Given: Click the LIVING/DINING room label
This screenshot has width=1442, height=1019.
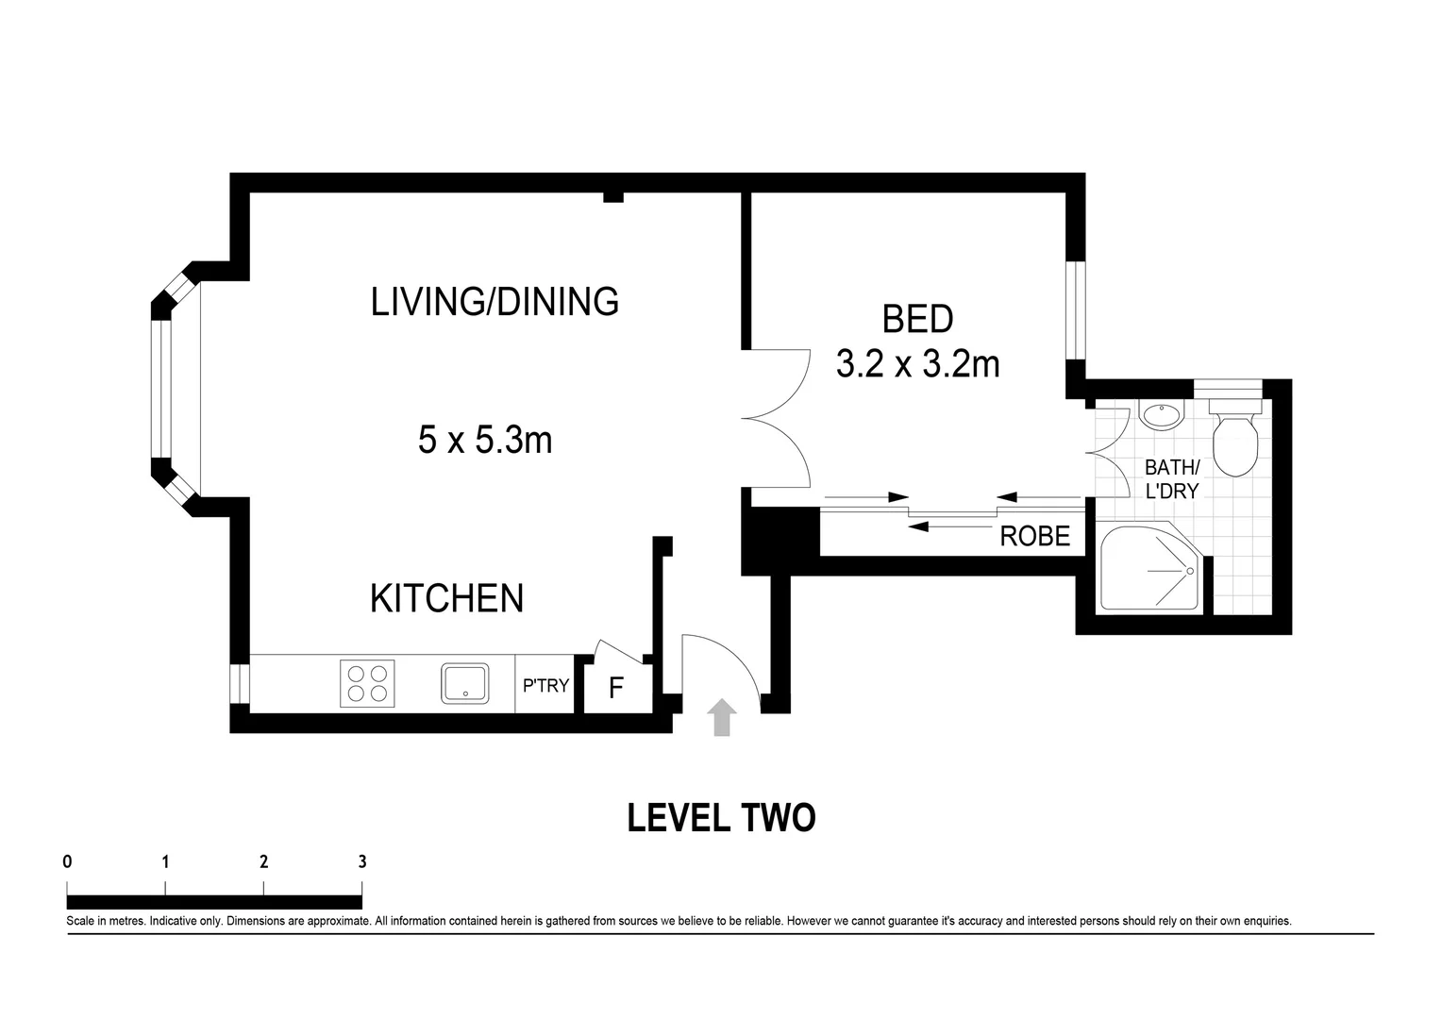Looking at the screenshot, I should (495, 302).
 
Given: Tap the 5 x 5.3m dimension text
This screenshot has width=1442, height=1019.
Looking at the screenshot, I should (485, 440).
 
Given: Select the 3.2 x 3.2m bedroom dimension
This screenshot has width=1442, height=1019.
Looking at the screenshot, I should (917, 363).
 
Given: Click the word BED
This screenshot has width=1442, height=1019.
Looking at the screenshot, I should (917, 319).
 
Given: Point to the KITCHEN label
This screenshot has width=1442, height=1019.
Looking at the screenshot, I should (446, 598).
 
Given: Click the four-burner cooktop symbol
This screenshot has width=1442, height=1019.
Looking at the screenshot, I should (367, 683).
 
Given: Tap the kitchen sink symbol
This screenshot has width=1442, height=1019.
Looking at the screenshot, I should (465, 683).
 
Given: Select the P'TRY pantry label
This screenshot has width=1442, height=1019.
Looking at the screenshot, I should (545, 685).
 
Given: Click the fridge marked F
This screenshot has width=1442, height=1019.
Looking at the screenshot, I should (616, 688).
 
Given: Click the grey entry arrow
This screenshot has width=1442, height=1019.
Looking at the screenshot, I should (722, 717).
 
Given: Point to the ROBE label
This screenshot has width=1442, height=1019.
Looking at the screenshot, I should (1035, 537).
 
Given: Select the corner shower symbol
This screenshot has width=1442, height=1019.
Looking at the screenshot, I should (1149, 568).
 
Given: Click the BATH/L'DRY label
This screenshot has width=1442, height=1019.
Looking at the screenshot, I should (1171, 478).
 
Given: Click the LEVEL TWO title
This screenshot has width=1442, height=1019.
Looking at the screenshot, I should (721, 818).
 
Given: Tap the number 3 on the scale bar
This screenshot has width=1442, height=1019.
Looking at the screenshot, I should (362, 860).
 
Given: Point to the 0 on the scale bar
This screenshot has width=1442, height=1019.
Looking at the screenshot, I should (67, 860).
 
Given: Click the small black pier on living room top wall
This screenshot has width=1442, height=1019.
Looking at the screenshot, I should (613, 196).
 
